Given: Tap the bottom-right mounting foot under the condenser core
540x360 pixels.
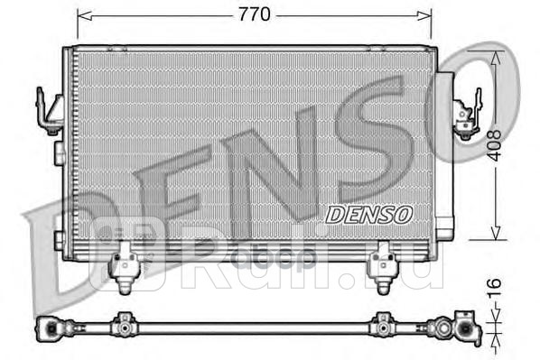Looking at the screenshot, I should click(x=382, y=262).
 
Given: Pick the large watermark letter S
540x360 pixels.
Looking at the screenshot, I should click(x=397, y=135).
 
